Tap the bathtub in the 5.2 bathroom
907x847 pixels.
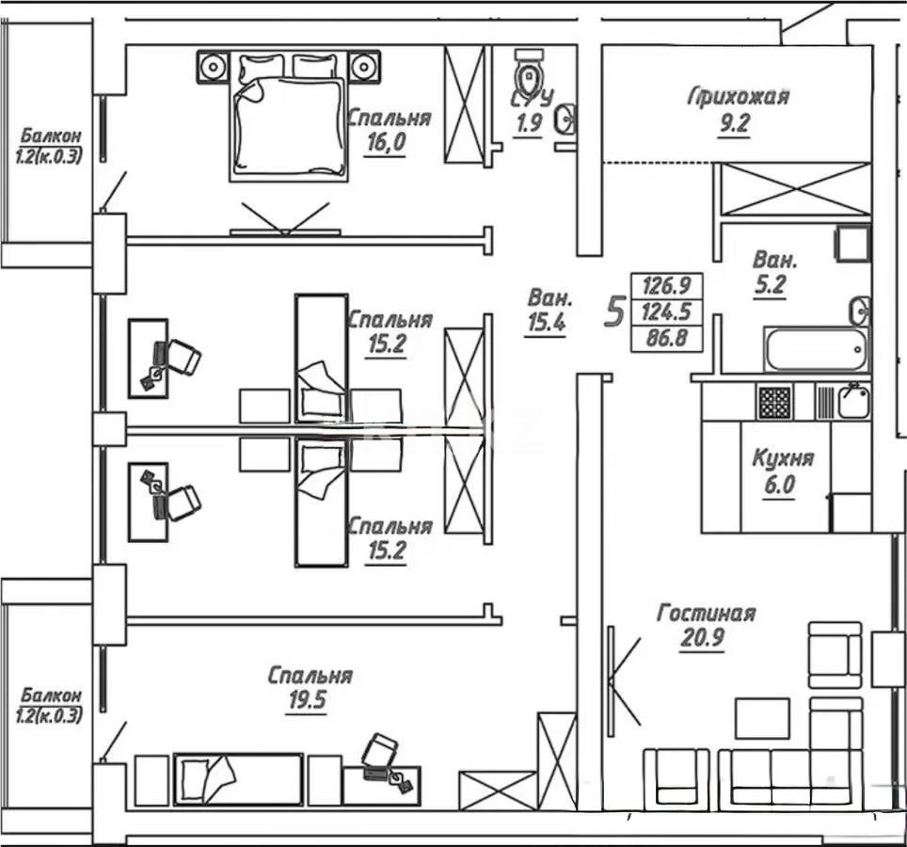(815, 350)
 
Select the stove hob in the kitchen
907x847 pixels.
(775, 402)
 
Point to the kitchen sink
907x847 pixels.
(853, 402)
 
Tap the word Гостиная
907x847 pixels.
(706, 614)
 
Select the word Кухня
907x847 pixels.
(782, 459)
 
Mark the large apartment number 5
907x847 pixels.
(614, 310)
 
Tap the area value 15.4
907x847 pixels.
(545, 324)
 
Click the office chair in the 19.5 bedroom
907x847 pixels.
(379, 750)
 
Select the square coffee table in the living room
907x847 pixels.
(762, 718)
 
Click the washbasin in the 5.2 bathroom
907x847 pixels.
(859, 309)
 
